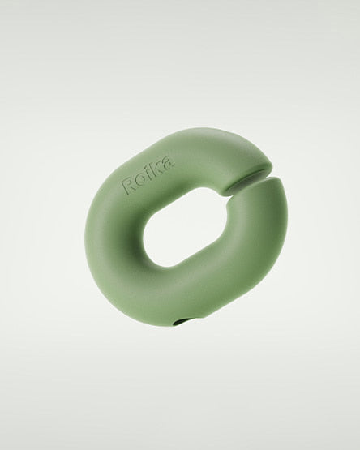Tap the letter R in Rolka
coord(128,186)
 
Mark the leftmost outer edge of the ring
coord(85,243)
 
